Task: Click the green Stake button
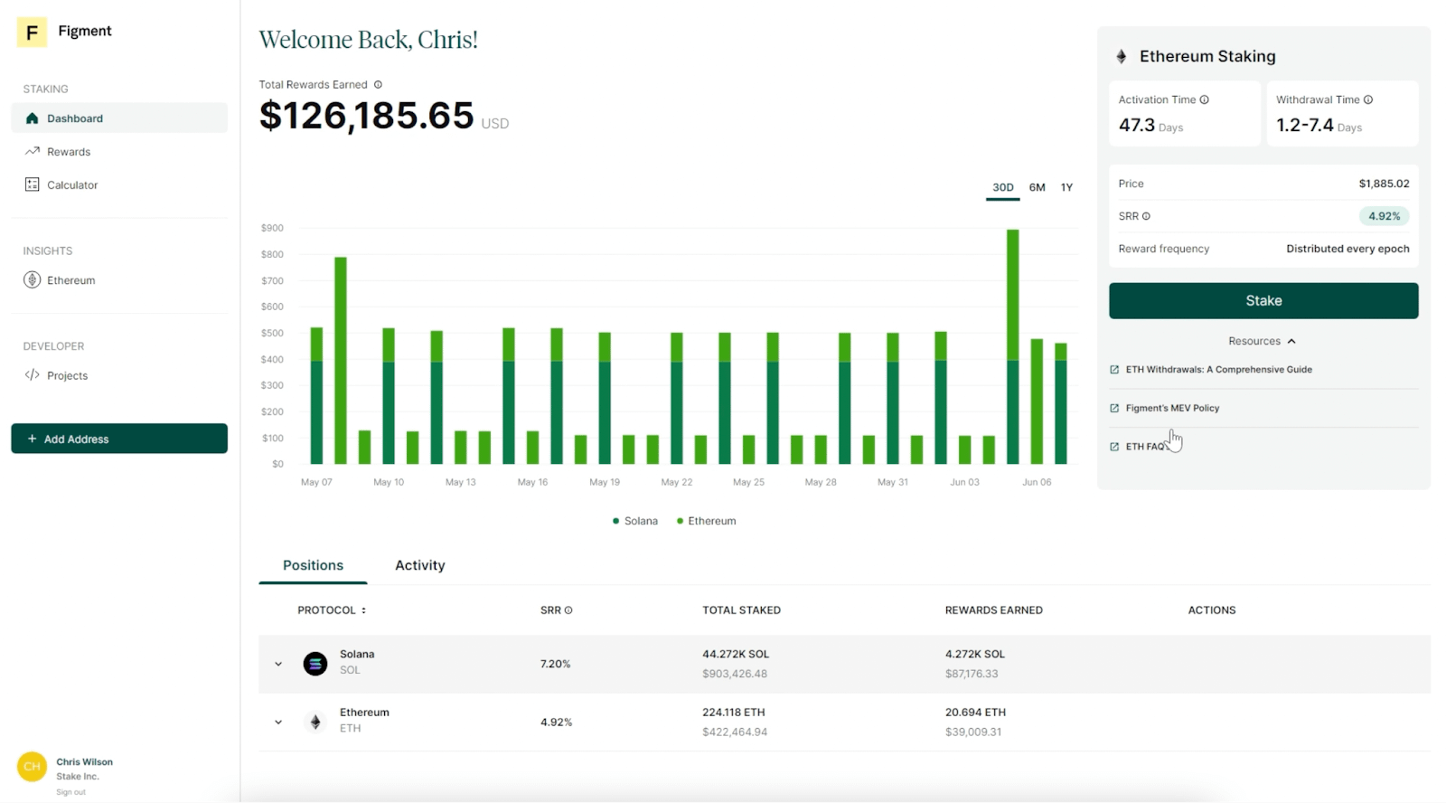pos(1263,300)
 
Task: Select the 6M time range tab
pos(1037,187)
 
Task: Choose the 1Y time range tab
pos(1066,187)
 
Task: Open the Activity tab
pos(419,565)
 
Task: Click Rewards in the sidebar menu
pos(69,152)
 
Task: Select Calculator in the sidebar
pos(72,184)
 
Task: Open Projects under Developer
pos(67,375)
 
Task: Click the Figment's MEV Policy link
pos(1172,408)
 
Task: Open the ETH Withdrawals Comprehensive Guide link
pos(1218,369)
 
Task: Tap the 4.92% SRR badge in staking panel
pos(1383,216)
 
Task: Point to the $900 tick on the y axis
pos(272,228)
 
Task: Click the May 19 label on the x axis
pos(605,482)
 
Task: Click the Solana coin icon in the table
pos(315,664)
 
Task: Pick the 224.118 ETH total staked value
pos(733,712)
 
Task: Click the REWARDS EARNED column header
pos(993,610)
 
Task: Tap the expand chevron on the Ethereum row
pos(278,722)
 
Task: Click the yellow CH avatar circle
pos(32,766)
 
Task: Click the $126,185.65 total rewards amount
pos(366,116)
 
